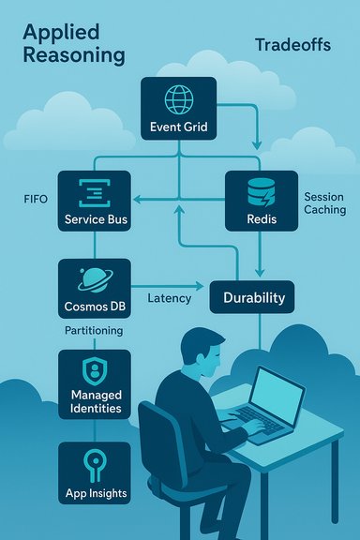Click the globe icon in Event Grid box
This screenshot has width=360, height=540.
click(x=178, y=99)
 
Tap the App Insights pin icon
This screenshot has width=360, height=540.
click(x=96, y=462)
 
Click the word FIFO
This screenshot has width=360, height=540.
click(x=35, y=200)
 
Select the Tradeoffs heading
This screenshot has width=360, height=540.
click(x=292, y=45)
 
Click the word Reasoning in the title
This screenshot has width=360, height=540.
click(x=73, y=54)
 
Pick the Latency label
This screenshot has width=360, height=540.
click(x=170, y=298)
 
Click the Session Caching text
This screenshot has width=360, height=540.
click(x=324, y=203)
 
